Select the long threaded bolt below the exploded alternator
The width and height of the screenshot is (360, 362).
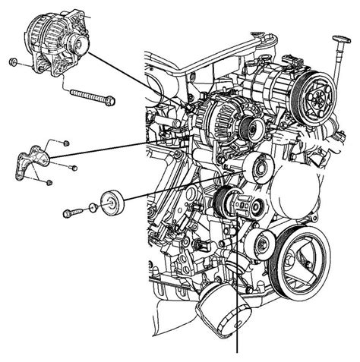92,96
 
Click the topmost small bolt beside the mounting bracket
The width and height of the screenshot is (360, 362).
67,142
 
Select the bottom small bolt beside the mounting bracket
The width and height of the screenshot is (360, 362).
49,182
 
